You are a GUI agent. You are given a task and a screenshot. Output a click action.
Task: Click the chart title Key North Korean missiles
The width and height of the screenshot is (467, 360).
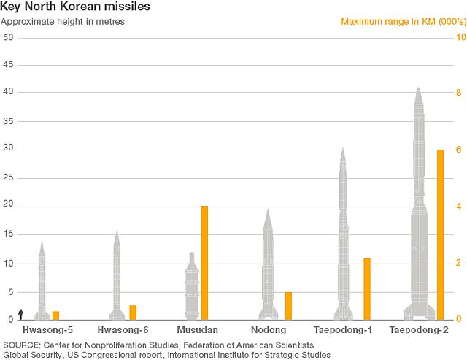(x=64, y=7)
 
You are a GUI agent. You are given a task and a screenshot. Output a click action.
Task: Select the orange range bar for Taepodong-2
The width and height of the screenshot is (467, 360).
(x=440, y=234)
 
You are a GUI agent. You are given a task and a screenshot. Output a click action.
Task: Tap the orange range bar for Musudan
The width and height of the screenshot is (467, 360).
(x=204, y=263)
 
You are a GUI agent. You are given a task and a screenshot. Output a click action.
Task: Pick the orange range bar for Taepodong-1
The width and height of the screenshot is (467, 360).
(x=367, y=288)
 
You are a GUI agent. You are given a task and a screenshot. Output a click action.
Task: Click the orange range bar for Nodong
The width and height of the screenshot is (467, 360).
(x=288, y=305)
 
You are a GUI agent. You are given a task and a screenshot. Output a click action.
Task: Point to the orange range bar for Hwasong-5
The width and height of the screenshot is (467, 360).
(x=55, y=315)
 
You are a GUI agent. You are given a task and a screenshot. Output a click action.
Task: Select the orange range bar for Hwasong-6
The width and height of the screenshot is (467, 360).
(x=133, y=313)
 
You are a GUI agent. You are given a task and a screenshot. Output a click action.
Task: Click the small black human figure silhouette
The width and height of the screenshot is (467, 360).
(x=21, y=314)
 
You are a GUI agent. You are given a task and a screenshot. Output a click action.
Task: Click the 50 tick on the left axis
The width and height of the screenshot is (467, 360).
(x=8, y=37)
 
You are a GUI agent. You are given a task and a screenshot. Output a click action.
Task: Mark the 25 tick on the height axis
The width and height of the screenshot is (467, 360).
(x=8, y=178)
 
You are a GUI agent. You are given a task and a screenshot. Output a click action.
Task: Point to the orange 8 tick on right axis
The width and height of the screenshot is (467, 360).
(x=458, y=93)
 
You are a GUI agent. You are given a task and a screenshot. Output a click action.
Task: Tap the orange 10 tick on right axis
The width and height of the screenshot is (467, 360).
(x=460, y=37)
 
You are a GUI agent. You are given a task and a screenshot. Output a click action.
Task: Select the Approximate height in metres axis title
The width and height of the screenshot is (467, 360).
(x=63, y=21)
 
